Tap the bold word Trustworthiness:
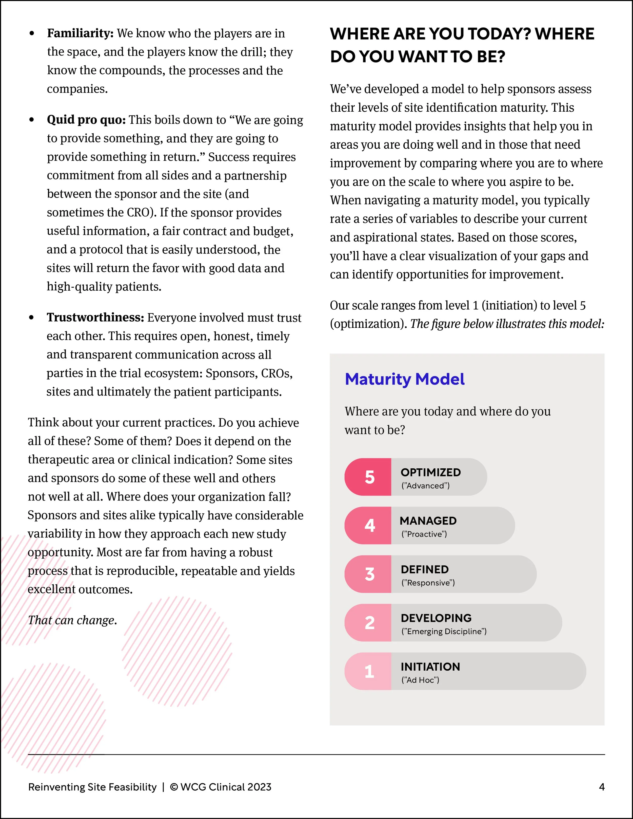(95, 318)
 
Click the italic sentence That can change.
(72, 620)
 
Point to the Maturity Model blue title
(405, 379)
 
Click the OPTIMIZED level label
(430, 472)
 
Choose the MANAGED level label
(428, 521)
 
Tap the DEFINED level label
(425, 570)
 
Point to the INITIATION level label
(430, 667)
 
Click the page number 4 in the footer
(602, 787)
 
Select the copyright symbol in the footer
(174, 787)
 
